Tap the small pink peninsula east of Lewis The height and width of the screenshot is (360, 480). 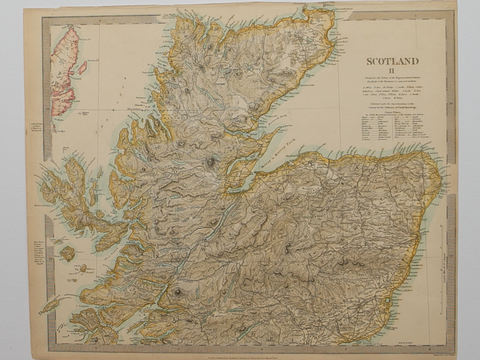(x=83, y=67)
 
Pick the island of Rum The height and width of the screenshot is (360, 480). (x=67, y=253)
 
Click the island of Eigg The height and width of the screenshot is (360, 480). (x=82, y=268)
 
